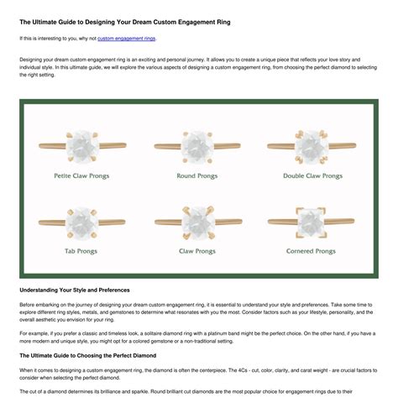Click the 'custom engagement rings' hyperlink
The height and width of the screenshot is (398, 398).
pyautogui.click(x=127, y=39)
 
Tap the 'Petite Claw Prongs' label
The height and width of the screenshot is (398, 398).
pyautogui.click(x=81, y=175)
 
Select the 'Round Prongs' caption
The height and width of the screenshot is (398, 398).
pyautogui.click(x=197, y=175)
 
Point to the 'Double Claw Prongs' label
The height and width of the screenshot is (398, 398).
pyautogui.click(x=312, y=175)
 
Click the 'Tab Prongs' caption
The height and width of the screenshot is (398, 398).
pyautogui.click(x=81, y=251)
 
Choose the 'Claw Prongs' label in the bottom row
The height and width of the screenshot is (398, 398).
pyautogui.click(x=197, y=251)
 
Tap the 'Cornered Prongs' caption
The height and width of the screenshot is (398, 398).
pyautogui.click(x=311, y=251)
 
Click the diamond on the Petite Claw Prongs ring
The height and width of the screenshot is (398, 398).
pyautogui.click(x=82, y=146)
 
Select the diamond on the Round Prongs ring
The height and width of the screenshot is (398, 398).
pyautogui.click(x=197, y=147)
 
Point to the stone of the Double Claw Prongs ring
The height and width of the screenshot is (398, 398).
pyautogui.click(x=312, y=147)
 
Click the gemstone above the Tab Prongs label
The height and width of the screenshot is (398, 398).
pyautogui.click(x=82, y=223)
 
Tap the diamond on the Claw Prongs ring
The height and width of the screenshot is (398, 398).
pyautogui.click(x=198, y=223)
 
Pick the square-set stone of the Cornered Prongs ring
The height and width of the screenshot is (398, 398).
pyautogui.click(x=311, y=223)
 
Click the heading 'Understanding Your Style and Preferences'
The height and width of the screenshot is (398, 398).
pyautogui.click(x=75, y=290)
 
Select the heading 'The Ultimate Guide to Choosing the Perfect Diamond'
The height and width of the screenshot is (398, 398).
pyautogui.click(x=88, y=355)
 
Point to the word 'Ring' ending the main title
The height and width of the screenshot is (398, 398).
pyautogui.click(x=223, y=22)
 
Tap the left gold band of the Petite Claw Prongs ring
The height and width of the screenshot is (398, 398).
pyautogui.click(x=53, y=146)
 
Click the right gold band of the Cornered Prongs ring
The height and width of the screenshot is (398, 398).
pyautogui.click(x=339, y=221)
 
